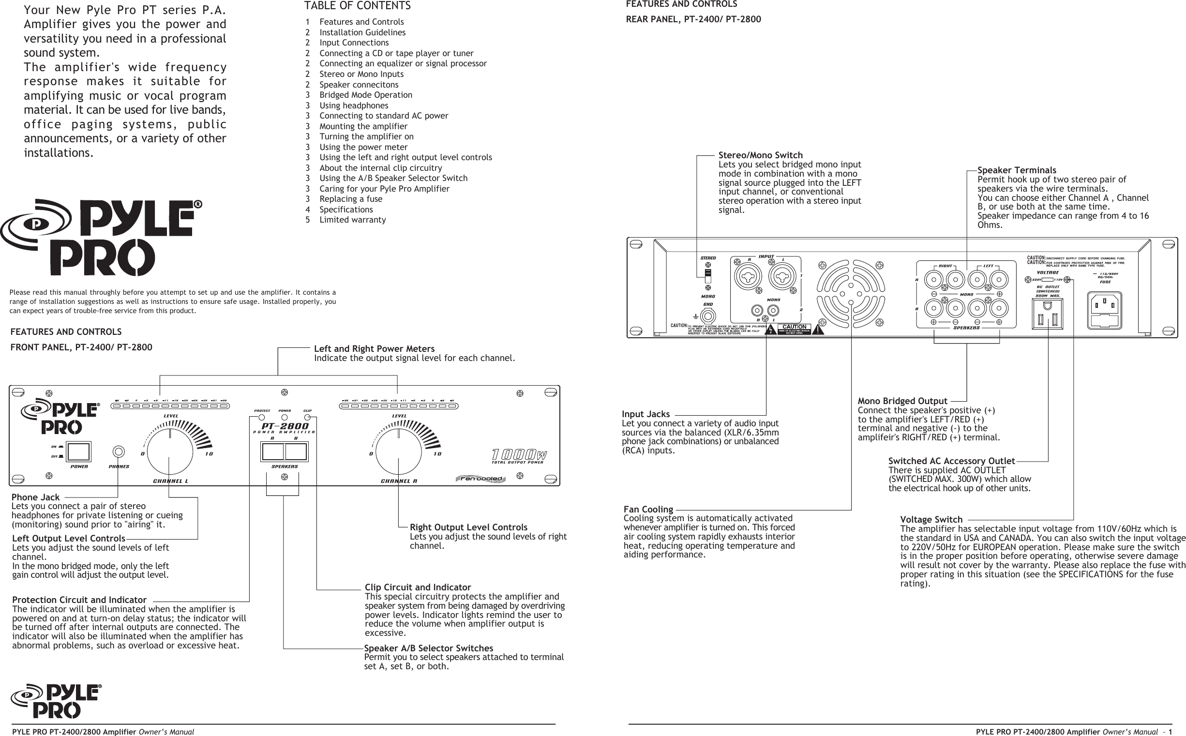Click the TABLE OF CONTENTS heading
tap(357, 6)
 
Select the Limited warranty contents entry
tap(352, 220)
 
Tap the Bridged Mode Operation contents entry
tap(365, 95)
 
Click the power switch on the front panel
tap(78, 452)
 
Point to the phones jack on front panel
tap(118, 452)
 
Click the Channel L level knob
tap(170, 452)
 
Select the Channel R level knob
tap(398, 452)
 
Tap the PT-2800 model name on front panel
tap(285, 426)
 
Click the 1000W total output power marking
tap(519, 455)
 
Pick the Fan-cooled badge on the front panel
tap(481, 479)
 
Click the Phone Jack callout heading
tap(35, 497)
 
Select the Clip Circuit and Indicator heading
tap(418, 587)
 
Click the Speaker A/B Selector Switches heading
tap(428, 648)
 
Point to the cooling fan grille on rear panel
tap(850, 294)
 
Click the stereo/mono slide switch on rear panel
tap(708, 275)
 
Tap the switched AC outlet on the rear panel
tap(1047, 314)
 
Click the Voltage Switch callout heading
tap(931, 519)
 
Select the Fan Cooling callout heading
tap(648, 509)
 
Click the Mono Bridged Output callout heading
tap(902, 401)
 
